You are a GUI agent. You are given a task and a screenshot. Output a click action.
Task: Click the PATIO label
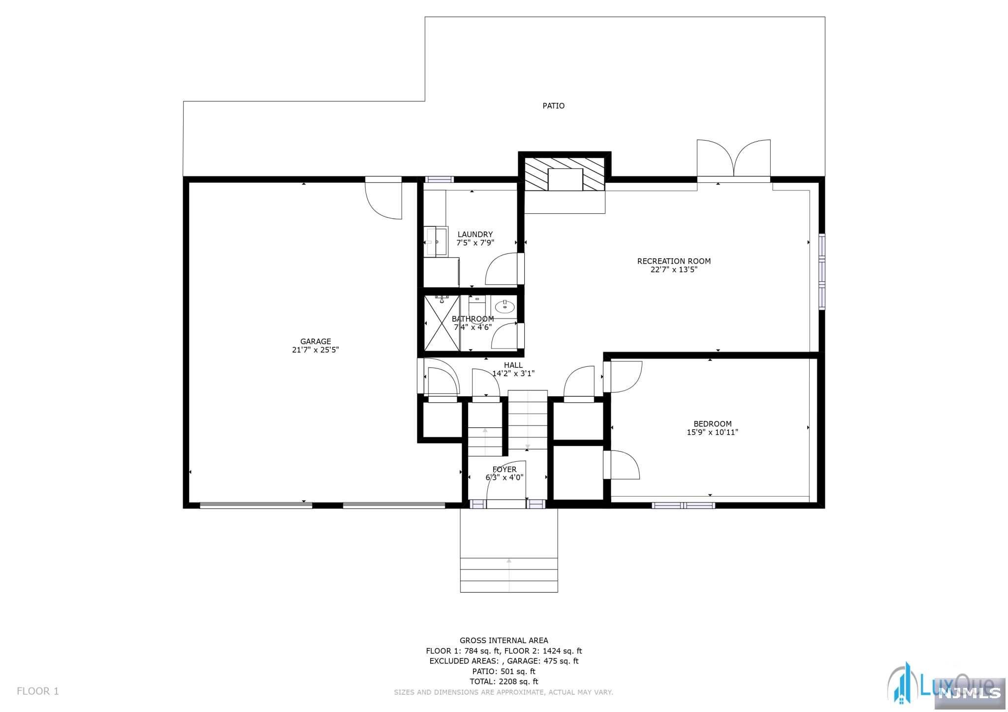coord(553,106)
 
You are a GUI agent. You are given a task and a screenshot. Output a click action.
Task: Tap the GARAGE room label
coord(315,341)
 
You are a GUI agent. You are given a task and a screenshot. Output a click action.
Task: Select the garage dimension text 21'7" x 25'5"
coord(315,350)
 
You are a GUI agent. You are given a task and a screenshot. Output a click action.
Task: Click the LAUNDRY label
coord(475,235)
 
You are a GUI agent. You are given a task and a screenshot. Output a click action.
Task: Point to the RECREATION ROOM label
coord(674,261)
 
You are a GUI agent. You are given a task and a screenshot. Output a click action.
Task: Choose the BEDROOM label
coord(712,424)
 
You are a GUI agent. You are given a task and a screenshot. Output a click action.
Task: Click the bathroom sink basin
coord(504,307)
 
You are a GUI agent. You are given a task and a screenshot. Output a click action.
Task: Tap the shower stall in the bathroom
coord(441,323)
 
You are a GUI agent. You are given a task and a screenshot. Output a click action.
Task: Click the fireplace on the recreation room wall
coord(565,174)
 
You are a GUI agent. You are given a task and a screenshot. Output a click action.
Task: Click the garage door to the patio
coord(383,198)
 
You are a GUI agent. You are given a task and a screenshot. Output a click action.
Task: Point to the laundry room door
coord(504,268)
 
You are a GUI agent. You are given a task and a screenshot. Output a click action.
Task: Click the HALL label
coord(513,365)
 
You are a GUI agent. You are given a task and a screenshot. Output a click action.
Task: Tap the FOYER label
coord(504,470)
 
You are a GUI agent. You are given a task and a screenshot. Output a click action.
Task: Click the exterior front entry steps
coord(509,575)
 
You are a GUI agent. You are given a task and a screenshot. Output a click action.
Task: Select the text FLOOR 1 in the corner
coord(38,691)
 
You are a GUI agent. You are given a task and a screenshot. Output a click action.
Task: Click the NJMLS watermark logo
coord(970,693)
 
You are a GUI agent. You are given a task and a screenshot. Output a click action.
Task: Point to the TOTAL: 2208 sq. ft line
coord(504,682)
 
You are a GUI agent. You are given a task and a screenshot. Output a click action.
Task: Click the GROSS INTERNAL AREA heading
coord(504,640)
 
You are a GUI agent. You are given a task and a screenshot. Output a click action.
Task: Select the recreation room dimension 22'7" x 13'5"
coord(674,269)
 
